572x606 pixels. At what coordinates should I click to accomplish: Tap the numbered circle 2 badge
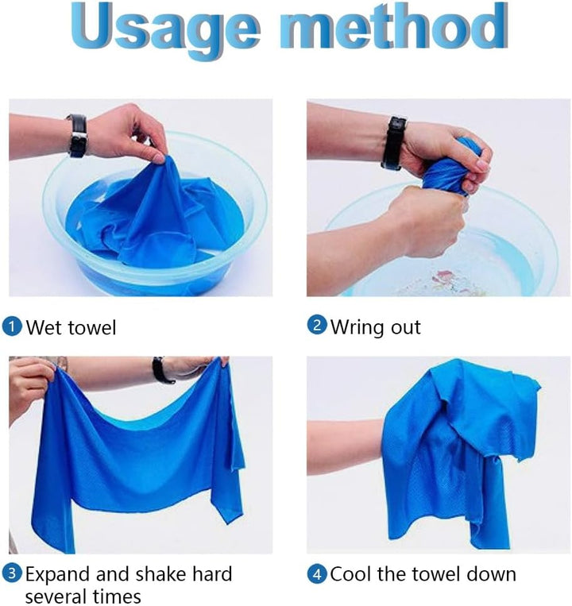(x=317, y=326)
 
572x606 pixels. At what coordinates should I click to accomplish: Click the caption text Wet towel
(x=71, y=327)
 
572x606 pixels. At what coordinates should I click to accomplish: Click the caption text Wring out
(x=375, y=326)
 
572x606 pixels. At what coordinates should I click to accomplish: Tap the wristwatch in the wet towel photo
(x=77, y=136)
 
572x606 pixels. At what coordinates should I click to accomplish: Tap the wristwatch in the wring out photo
(x=393, y=143)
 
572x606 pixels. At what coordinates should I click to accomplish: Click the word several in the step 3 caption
(x=59, y=596)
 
